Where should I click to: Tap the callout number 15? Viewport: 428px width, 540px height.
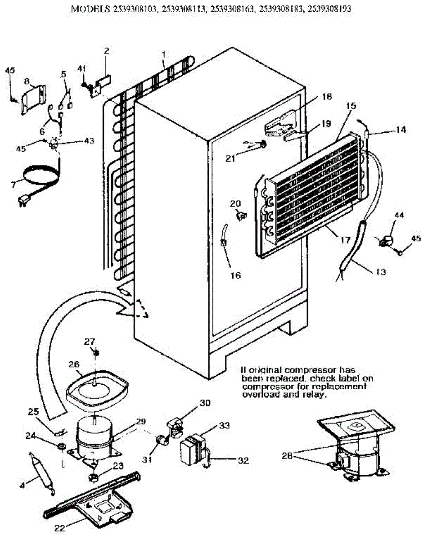coord(351,106)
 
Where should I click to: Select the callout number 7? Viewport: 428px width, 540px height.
coord(14,184)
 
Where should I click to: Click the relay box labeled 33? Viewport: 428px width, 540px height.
coord(193,449)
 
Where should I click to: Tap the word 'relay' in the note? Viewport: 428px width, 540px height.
coord(314,395)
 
